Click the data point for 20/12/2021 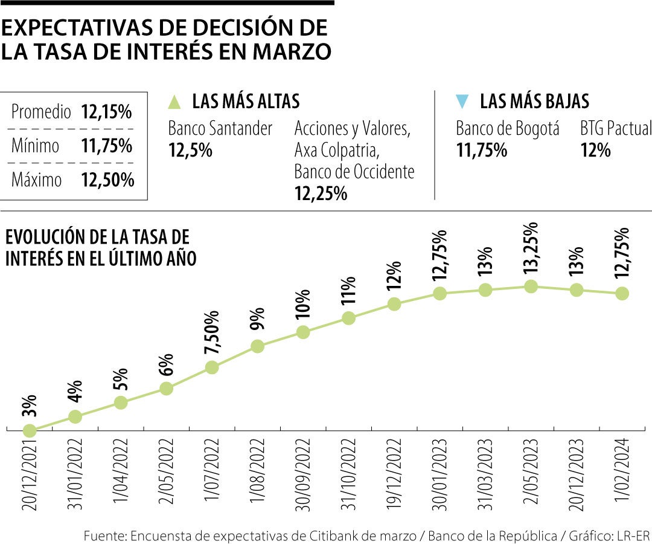click(x=29, y=430)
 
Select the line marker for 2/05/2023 click(x=531, y=287)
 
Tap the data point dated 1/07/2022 click(x=211, y=367)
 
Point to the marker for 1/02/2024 click(x=622, y=293)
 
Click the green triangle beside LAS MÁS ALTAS click(x=175, y=102)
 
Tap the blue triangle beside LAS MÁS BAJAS click(x=462, y=102)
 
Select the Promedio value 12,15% click(x=106, y=112)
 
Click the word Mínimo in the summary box click(x=36, y=146)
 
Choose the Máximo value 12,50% click(x=107, y=180)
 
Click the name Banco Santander click(x=220, y=128)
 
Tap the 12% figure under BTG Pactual click(x=595, y=150)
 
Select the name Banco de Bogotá click(x=508, y=128)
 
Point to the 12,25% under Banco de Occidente click(x=321, y=193)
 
